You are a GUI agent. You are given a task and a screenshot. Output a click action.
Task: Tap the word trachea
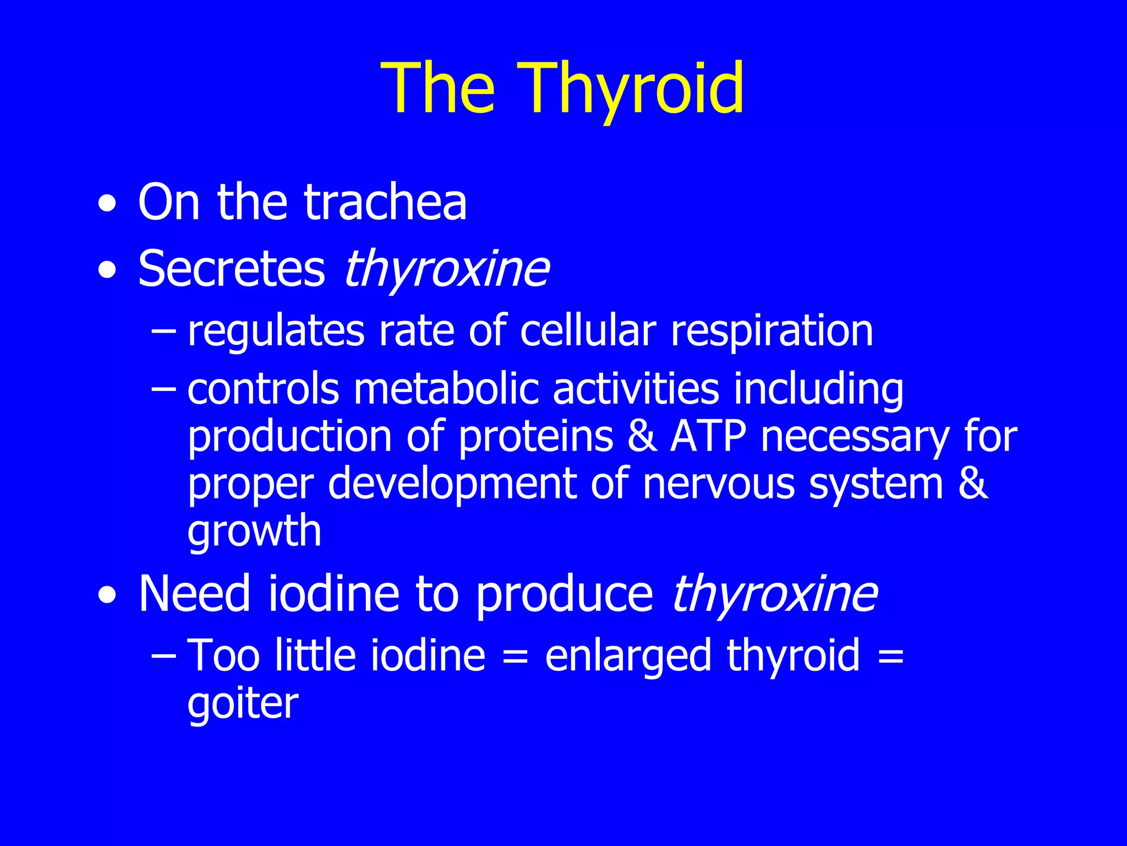(385, 202)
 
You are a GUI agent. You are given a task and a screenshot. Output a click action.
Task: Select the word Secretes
(232, 269)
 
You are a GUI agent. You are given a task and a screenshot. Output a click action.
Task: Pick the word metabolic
(446, 389)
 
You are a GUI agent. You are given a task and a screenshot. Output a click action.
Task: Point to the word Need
(194, 594)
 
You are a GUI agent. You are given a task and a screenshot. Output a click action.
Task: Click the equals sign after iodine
(515, 657)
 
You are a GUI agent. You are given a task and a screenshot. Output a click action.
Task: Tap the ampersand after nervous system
(973, 484)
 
